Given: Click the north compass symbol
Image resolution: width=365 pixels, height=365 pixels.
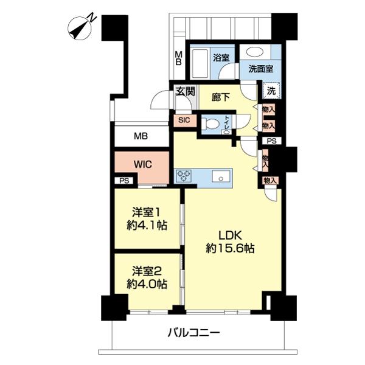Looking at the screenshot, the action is [81, 29].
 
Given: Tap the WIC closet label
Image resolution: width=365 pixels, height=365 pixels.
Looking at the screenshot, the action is [143, 165].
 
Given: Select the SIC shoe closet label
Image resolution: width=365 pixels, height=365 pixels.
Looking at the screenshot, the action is [184, 120].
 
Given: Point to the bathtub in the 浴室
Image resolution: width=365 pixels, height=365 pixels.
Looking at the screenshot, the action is [199, 63].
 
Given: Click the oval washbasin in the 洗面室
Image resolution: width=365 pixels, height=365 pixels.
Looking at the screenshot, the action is [254, 52].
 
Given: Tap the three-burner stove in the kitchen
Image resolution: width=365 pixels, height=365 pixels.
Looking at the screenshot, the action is [184, 176].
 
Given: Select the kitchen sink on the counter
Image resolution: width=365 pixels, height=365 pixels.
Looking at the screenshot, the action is [221, 176].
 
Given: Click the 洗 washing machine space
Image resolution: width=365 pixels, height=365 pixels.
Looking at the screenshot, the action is [271, 91].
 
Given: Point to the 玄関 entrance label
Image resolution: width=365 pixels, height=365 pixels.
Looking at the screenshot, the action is [185, 91].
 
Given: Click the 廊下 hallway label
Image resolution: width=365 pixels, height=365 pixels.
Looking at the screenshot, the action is [221, 97].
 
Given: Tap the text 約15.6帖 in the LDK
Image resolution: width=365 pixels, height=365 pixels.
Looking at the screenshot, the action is [230, 248].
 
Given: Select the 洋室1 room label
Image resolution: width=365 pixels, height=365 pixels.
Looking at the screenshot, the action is [147, 212].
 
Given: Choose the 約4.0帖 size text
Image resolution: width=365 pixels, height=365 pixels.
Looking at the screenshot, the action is [147, 284].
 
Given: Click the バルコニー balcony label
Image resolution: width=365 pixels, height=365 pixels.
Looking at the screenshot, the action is [193, 333].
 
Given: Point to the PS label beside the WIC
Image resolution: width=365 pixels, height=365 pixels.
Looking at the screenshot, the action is [124, 181].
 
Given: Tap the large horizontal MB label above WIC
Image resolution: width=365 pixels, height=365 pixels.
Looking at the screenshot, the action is [141, 136].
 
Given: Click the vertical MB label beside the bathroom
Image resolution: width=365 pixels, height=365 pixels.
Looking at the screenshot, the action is [178, 58].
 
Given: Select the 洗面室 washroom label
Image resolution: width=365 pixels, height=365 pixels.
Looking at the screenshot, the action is [260, 69].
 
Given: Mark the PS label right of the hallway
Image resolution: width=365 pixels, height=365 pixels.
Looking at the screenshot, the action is [271, 141].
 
